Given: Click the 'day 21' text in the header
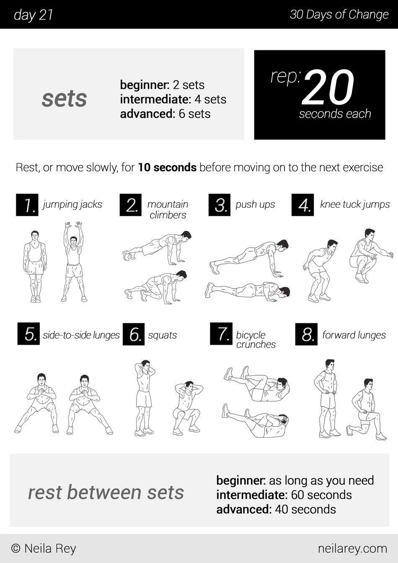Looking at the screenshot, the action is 33,15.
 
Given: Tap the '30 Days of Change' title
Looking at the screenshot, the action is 339,15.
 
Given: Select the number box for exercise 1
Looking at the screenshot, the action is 27,205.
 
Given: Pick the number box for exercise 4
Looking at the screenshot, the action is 303,205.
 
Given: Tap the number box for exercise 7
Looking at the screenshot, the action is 221,333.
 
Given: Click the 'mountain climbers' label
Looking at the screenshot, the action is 168,209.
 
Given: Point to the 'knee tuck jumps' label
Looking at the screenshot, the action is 355,204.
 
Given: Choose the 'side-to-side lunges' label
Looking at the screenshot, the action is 81,335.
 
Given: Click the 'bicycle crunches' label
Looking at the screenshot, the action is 256,340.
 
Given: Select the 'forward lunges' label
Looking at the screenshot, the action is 354,335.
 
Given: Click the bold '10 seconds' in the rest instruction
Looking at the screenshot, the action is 167,168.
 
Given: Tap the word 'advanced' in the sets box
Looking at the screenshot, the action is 147,114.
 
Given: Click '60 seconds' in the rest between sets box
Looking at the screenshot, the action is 321,495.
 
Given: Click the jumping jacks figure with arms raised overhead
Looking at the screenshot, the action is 74,261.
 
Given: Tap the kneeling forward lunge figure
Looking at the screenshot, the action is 366,409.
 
